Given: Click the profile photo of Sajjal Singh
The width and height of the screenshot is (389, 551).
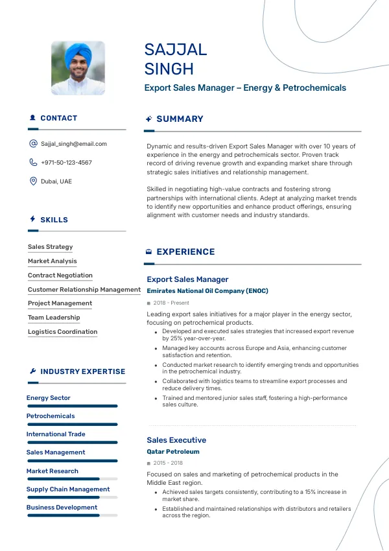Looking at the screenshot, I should click(78, 69).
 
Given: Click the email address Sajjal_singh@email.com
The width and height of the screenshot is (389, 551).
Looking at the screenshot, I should click(73, 144).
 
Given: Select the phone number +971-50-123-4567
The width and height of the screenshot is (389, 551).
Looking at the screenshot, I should click(66, 163).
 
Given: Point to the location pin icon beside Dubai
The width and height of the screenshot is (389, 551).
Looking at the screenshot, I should click(33, 182).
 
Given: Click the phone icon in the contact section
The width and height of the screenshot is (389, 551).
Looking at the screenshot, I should click(33, 163).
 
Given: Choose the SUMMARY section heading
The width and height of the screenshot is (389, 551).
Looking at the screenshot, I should click(180, 119).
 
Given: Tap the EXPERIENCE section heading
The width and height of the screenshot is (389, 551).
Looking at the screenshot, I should click(185, 252).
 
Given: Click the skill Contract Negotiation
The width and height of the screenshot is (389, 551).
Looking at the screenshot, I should click(60, 275).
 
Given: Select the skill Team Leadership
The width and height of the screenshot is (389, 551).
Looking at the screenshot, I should click(54, 318).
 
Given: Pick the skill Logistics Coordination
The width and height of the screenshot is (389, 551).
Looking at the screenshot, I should click(62, 332).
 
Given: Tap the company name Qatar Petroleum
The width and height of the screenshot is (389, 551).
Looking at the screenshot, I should click(172, 451).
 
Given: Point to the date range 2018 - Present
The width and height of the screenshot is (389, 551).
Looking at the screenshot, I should click(171, 303).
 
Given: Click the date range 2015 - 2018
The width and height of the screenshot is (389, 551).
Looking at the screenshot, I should click(168, 463).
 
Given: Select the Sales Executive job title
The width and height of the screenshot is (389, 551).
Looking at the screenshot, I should click(176, 440).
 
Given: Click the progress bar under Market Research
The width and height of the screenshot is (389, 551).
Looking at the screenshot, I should click(72, 479).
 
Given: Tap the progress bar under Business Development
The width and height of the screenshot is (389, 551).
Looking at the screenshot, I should click(72, 515).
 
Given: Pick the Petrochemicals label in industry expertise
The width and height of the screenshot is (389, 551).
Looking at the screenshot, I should click(51, 416).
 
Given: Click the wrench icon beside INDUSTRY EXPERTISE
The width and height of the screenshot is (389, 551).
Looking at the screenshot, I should click(33, 371).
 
